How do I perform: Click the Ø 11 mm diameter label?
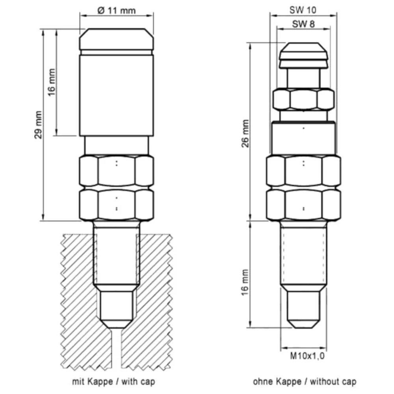point(116,11)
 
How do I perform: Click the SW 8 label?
point(303,24)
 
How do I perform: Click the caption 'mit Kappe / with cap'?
point(113,381)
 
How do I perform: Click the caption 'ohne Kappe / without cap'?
point(305,381)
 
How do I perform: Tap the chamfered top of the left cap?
point(117,39)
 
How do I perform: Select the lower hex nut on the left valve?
point(117,205)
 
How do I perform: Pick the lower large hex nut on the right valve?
point(303,205)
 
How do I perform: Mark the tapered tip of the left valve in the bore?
point(117,309)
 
